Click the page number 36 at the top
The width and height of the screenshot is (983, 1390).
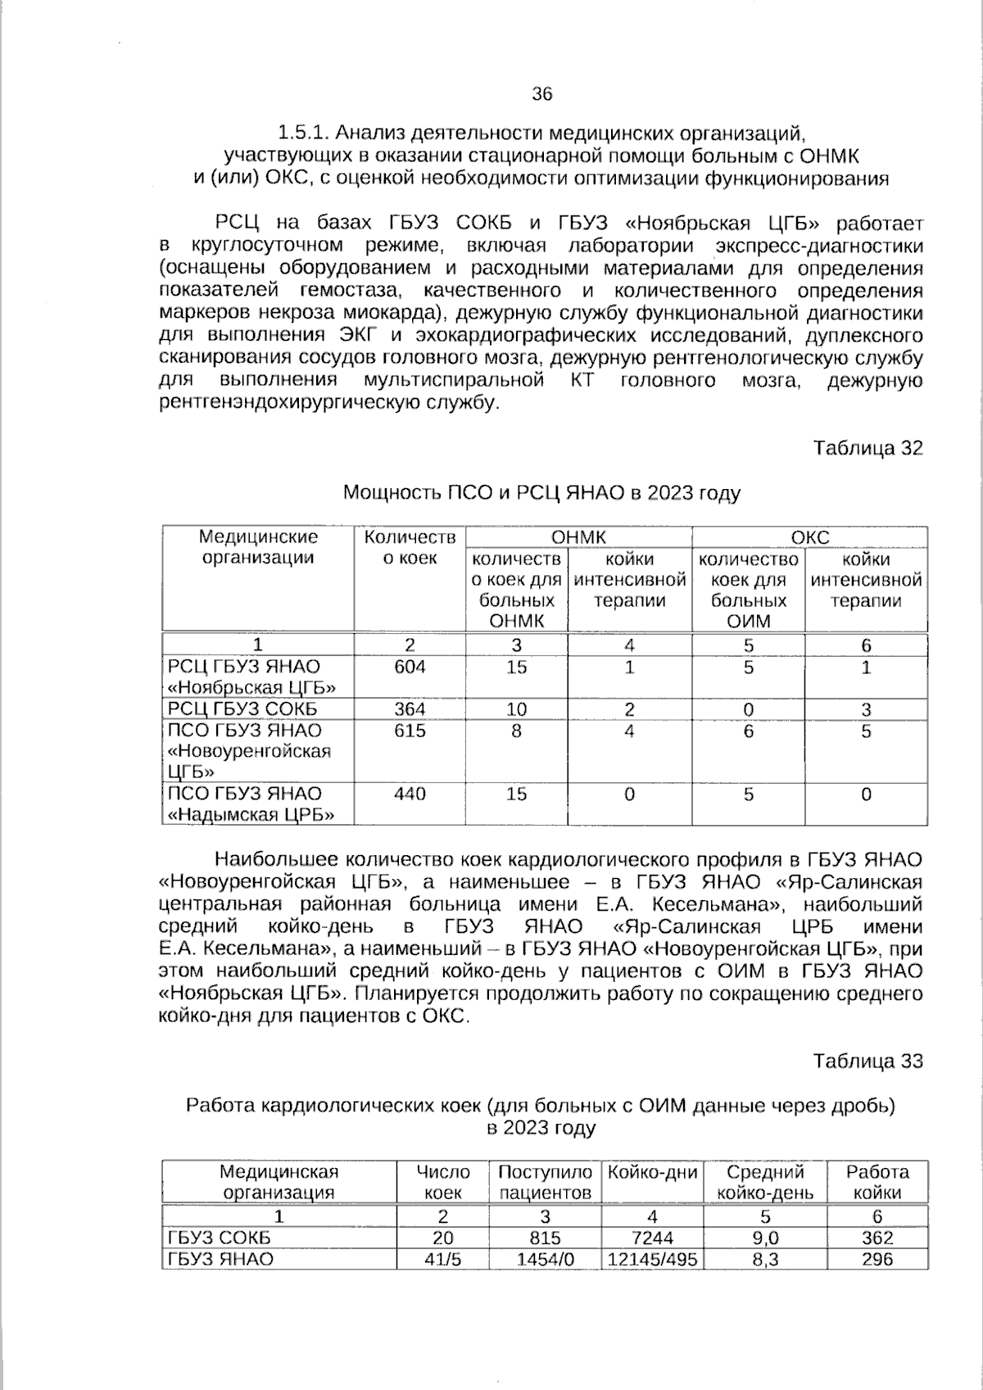(x=542, y=93)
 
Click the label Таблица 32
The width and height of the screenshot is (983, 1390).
(x=867, y=448)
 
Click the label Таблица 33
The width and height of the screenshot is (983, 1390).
(x=867, y=1061)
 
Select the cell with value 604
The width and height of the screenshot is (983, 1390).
(x=410, y=667)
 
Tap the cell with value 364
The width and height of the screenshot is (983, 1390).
(x=410, y=709)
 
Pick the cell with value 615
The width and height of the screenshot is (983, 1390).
(x=410, y=731)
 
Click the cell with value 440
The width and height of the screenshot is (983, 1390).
(x=410, y=794)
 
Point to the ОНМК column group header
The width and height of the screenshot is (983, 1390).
(x=578, y=537)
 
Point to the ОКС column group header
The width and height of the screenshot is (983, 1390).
(x=810, y=537)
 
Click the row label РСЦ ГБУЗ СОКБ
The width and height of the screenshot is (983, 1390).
(x=242, y=709)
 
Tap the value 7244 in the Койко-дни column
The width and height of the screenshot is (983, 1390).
(x=652, y=1238)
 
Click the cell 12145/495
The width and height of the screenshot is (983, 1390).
(x=652, y=1259)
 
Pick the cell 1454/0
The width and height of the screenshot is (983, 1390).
(x=545, y=1259)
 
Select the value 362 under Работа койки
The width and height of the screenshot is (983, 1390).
(x=877, y=1238)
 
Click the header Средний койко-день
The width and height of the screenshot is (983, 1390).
(x=765, y=1182)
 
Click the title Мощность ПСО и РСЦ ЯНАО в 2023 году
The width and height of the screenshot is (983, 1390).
(x=541, y=493)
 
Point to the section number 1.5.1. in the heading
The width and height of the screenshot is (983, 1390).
(x=304, y=132)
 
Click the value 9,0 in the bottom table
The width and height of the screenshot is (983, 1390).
(x=765, y=1238)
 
